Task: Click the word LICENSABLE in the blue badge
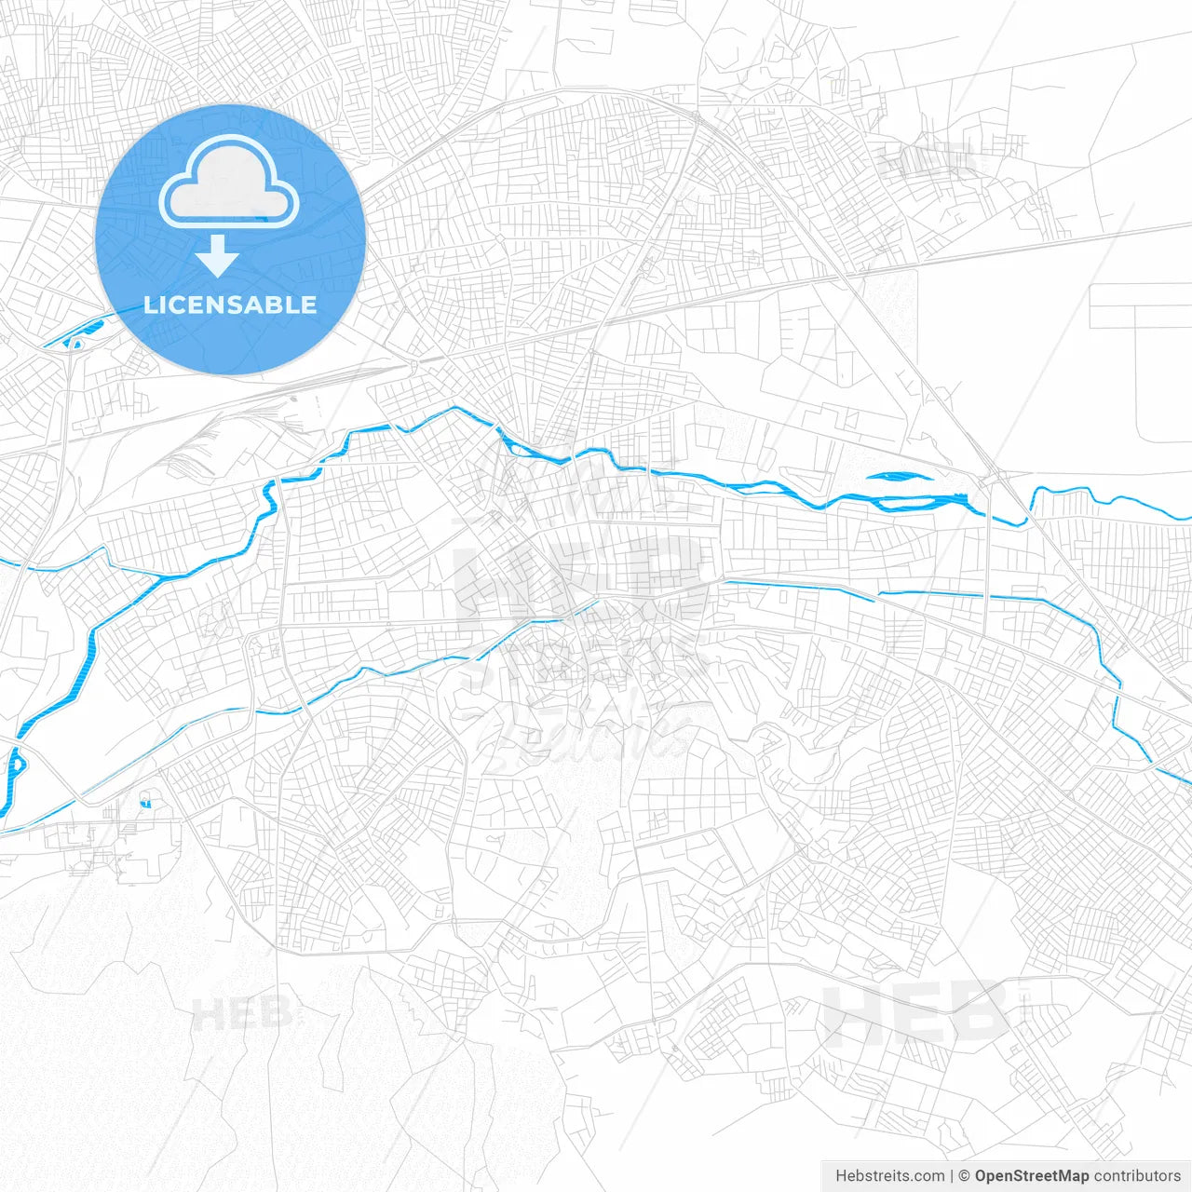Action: pyautogui.click(x=230, y=305)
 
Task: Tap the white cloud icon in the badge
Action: pyautogui.click(x=229, y=183)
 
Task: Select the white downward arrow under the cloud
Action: pyautogui.click(x=218, y=256)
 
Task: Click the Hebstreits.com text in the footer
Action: pyautogui.click(x=890, y=1176)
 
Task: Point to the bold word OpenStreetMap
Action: pyautogui.click(x=1032, y=1176)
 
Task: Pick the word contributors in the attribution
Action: pyautogui.click(x=1137, y=1176)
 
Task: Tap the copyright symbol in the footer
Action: pyautogui.click(x=965, y=1176)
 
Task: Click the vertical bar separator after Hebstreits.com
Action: pyautogui.click(x=952, y=1176)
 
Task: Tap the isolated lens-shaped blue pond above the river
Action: pyautogui.click(x=898, y=477)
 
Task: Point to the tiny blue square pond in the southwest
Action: pyautogui.click(x=145, y=802)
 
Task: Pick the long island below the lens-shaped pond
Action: pyautogui.click(x=922, y=506)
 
